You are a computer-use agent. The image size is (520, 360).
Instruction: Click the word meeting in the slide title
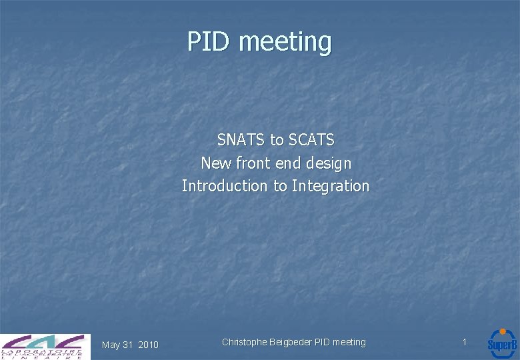285,42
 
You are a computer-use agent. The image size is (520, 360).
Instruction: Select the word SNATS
241,140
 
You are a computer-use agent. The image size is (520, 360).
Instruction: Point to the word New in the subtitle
217,163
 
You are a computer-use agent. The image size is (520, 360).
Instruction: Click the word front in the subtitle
253,163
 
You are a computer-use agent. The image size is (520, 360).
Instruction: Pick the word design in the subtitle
327,163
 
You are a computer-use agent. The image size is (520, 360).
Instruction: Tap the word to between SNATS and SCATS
277,140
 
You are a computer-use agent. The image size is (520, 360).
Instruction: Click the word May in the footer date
111,345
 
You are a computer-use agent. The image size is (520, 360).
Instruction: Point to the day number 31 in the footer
129,345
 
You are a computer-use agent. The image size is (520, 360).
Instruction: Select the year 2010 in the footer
148,345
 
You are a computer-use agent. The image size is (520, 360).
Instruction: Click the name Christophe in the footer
244,342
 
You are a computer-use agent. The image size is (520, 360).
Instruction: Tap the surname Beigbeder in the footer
291,342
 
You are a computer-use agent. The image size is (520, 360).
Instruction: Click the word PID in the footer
323,342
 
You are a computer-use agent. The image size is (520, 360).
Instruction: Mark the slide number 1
465,342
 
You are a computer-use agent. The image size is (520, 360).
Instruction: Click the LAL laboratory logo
45,346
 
